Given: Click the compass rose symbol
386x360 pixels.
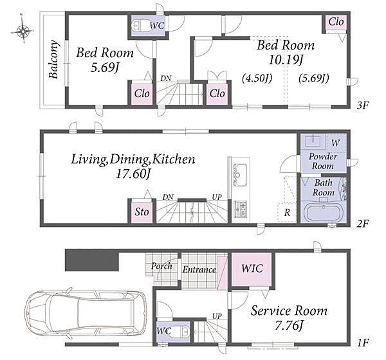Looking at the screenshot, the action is [x=23, y=31].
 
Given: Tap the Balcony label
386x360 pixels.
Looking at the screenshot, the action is [x=54, y=60].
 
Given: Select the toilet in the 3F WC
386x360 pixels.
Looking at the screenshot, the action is [x=138, y=25].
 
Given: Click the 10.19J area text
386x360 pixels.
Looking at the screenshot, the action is [x=285, y=60].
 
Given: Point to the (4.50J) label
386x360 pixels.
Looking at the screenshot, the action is [x=257, y=78].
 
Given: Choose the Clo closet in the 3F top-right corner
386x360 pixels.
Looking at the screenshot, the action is [x=336, y=22].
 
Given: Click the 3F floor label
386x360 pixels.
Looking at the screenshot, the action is [x=363, y=105].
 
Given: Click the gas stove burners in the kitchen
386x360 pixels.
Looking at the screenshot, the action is [x=240, y=209].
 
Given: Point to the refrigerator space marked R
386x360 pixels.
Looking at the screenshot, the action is [x=287, y=213].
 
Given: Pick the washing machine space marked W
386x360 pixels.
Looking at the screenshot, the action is [x=335, y=143].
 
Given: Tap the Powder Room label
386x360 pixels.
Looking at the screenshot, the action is [x=323, y=161].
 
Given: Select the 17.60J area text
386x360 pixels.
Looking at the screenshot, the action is [x=133, y=174].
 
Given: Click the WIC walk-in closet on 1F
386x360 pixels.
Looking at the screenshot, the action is [x=252, y=269].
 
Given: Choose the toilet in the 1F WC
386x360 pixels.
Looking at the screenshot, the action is [x=180, y=331].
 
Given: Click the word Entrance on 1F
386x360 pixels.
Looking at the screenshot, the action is [x=199, y=270].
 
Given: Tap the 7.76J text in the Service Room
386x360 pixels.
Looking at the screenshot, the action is [x=288, y=326].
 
